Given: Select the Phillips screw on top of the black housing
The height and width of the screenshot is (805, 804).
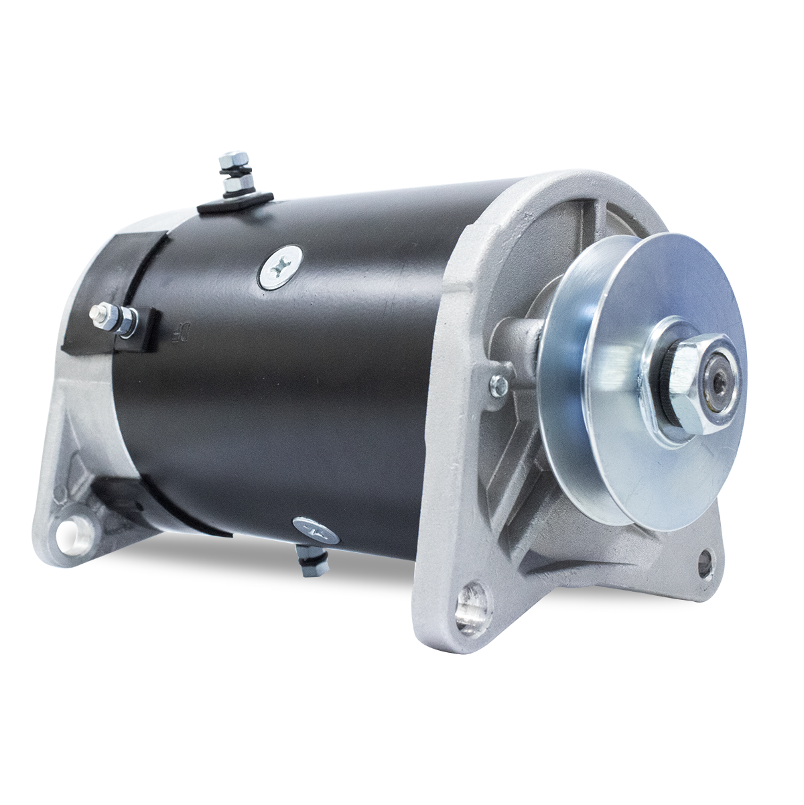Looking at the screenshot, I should point(279,267).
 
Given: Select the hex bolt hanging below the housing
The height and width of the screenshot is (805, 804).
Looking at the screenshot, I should point(312,562).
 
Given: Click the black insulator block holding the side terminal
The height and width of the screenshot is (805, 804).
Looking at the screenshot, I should point(141,328).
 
